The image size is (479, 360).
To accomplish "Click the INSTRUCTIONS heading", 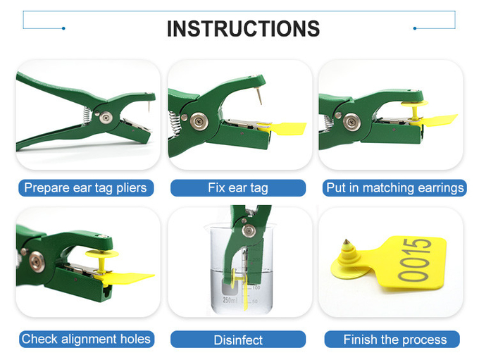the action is pos(243,29).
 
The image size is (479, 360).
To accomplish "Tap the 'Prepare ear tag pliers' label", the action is pos(85,187).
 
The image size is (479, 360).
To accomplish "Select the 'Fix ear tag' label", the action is pos(238,187).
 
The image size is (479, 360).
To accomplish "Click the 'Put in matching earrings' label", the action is pos(395,187).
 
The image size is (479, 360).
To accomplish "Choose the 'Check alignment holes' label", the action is pos(86,339).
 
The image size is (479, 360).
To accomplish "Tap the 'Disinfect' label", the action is pos(238,340).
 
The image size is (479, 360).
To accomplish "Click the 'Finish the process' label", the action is pos(395,340).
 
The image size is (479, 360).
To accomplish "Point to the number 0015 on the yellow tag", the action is pos(414,260).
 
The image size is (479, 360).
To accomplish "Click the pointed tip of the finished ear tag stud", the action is pos(346,240).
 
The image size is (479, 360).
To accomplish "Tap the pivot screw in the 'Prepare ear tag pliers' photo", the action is pos(106,117).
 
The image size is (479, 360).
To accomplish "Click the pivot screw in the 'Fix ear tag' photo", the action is pos(199,121).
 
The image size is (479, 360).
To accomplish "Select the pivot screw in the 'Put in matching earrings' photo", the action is pos(352,122).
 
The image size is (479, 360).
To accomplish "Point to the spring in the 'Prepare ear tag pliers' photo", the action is pos(87,116).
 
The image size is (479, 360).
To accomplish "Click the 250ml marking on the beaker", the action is pos(230,300).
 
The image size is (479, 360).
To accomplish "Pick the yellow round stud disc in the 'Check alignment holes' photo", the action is pos(101,254).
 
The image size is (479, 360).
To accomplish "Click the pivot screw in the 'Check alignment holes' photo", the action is pos(37,261).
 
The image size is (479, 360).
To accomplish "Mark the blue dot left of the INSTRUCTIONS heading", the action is pos(63,28).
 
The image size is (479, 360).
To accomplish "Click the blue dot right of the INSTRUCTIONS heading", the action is pos(414,28).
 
